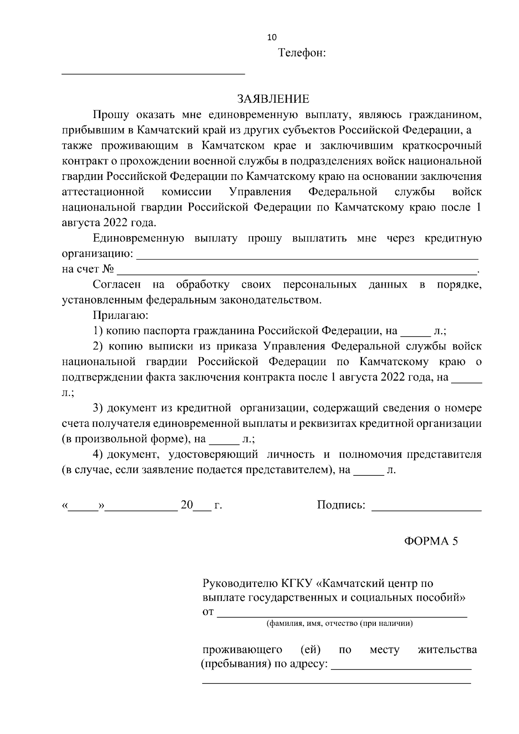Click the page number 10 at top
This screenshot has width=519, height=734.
(x=272, y=38)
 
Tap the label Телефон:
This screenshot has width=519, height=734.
(x=301, y=54)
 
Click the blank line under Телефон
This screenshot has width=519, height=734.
(x=154, y=73)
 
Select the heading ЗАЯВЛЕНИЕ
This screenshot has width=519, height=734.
(x=273, y=99)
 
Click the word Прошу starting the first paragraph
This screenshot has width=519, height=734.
(x=111, y=115)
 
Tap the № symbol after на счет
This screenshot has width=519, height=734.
(x=108, y=269)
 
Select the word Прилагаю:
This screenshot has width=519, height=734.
(x=121, y=315)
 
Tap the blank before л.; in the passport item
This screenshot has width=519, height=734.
(x=416, y=334)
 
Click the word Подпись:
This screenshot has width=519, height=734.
(x=341, y=505)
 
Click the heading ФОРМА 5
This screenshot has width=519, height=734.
(x=431, y=541)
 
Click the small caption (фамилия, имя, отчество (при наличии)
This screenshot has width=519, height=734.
(x=340, y=624)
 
